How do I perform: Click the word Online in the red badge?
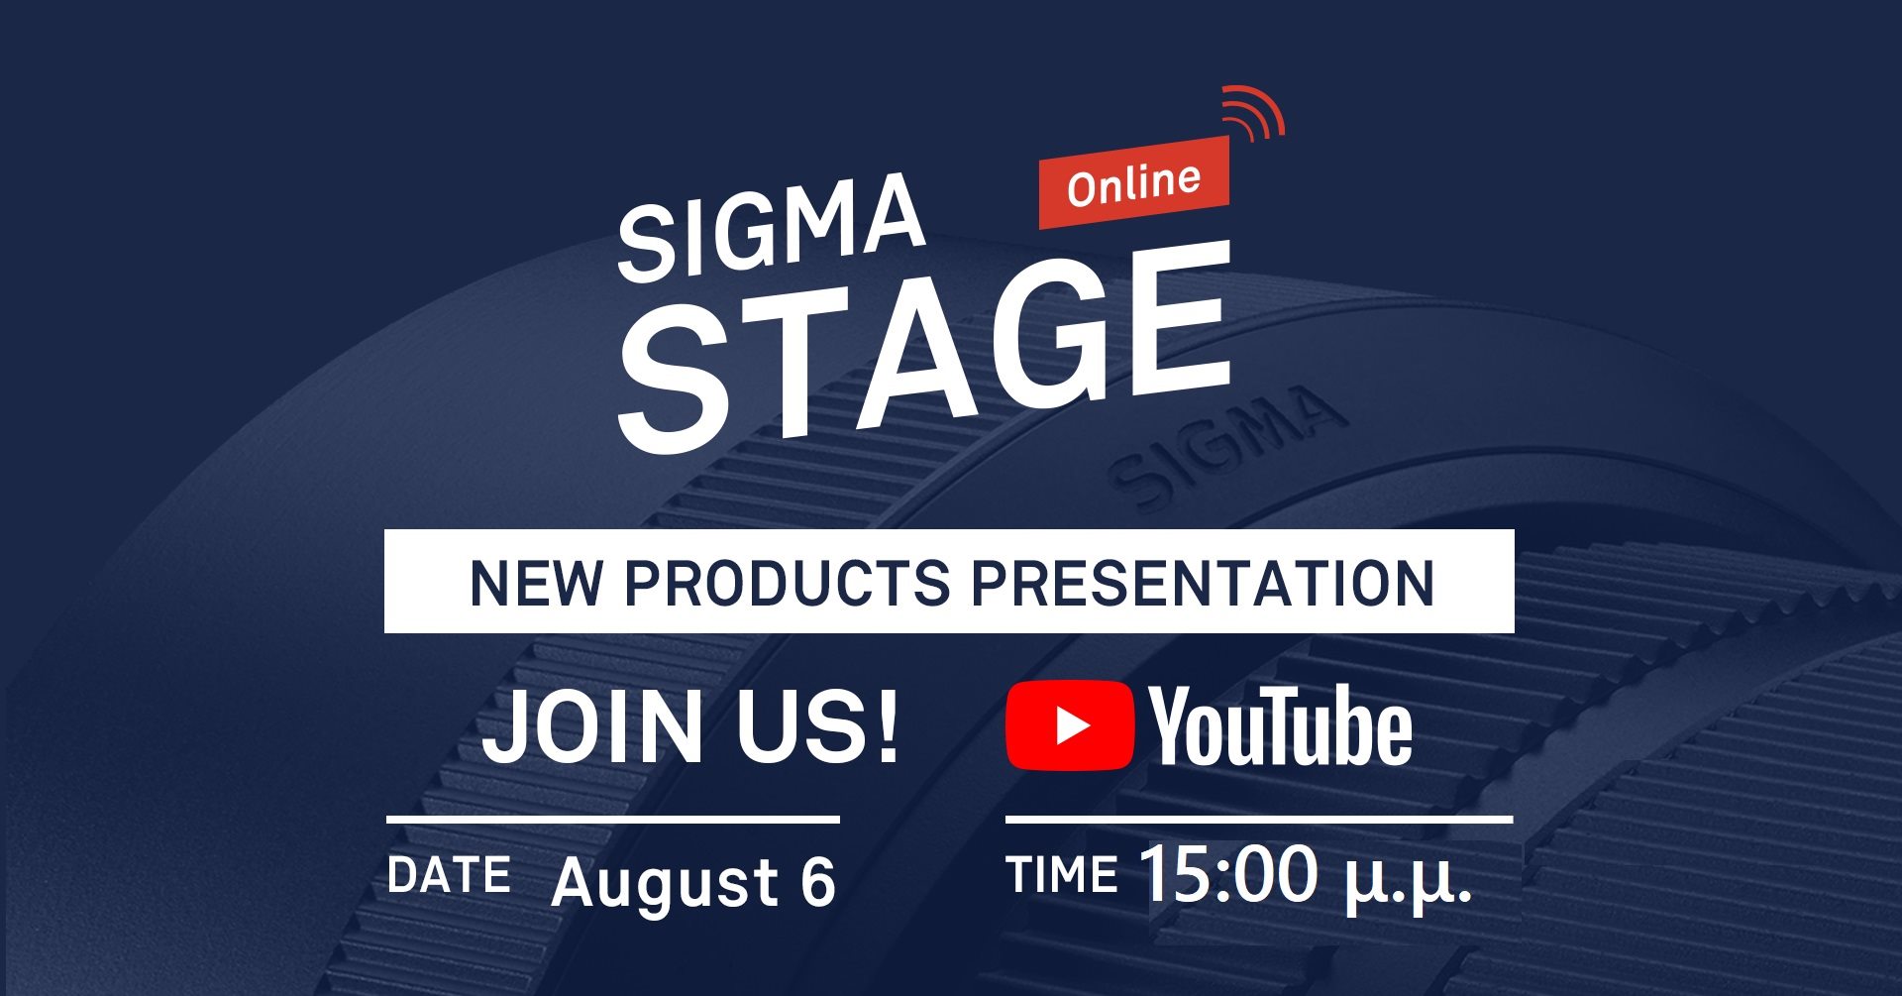point(1133,184)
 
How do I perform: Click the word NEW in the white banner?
point(535,583)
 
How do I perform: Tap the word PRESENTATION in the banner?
point(1203,583)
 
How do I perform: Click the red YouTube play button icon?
point(1070,724)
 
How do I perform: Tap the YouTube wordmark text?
point(1280,725)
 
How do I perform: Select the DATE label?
point(449,875)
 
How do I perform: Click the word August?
point(666,882)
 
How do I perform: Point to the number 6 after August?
point(818,881)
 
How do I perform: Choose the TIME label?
point(1062,875)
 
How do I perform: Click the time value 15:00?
point(1229,873)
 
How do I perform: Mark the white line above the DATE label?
point(613,820)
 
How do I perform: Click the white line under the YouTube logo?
point(1259,820)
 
